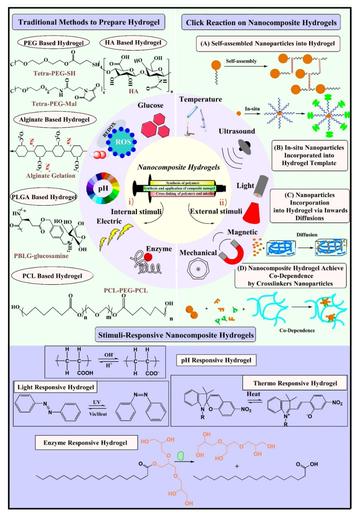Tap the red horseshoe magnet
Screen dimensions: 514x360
[x=230, y=253]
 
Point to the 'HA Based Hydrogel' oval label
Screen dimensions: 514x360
[x=133, y=43]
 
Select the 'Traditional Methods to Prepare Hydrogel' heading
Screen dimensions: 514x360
[x=88, y=21]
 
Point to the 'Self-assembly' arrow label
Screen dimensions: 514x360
[x=241, y=60]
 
